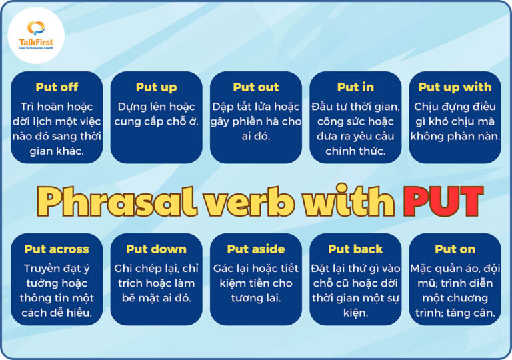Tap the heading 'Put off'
(x=57, y=87)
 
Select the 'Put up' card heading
(x=156, y=87)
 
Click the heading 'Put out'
(x=256, y=87)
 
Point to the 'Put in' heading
(x=355, y=87)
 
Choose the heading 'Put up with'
(x=455, y=87)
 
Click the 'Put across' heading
(x=57, y=249)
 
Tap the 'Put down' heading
(x=156, y=249)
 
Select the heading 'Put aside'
(x=256, y=249)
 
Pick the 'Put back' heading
(x=355, y=249)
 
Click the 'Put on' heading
(x=455, y=249)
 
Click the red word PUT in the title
(x=442, y=201)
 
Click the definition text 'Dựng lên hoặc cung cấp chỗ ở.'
(x=156, y=114)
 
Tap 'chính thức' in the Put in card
(x=355, y=151)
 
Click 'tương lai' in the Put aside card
(x=256, y=297)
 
